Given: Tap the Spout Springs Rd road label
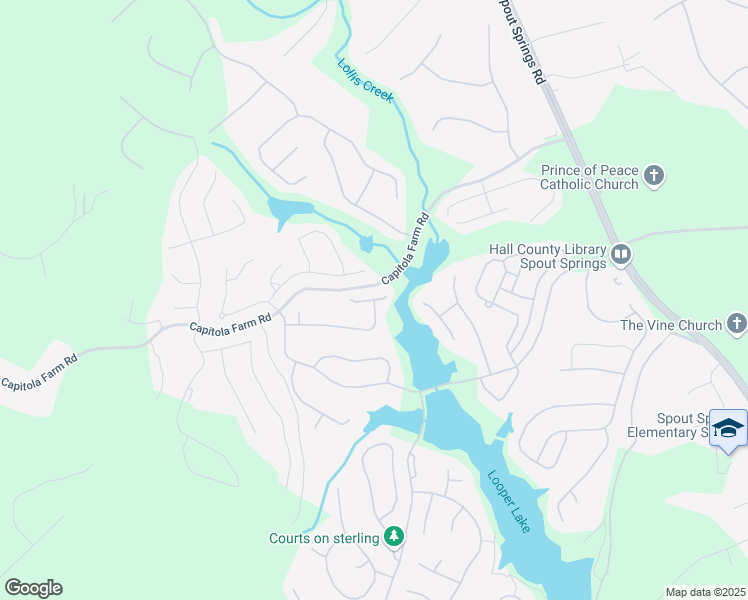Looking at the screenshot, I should click(522, 41).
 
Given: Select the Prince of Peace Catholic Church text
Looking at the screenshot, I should click(589, 177).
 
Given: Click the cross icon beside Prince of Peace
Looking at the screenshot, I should click(654, 177).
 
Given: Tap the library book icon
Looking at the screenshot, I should click(621, 256).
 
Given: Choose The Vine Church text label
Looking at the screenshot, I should click(671, 325).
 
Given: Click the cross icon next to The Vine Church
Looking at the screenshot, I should click(736, 324).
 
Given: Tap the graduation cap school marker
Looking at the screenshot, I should click(729, 427).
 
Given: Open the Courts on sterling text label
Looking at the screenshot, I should click(324, 538).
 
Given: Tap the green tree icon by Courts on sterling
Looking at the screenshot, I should click(394, 538).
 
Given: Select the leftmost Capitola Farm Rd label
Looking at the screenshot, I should click(39, 372).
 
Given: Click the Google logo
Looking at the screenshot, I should click(33, 587).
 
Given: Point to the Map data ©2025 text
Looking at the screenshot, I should click(705, 592).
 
